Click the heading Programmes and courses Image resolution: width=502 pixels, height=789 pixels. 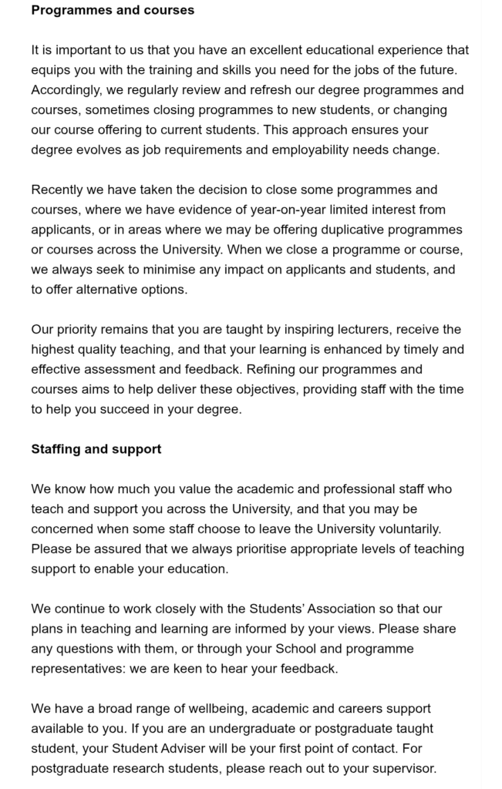pos(113,11)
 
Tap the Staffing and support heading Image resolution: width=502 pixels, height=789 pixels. pos(96,449)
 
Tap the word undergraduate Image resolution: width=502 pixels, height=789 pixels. pos(226,728)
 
